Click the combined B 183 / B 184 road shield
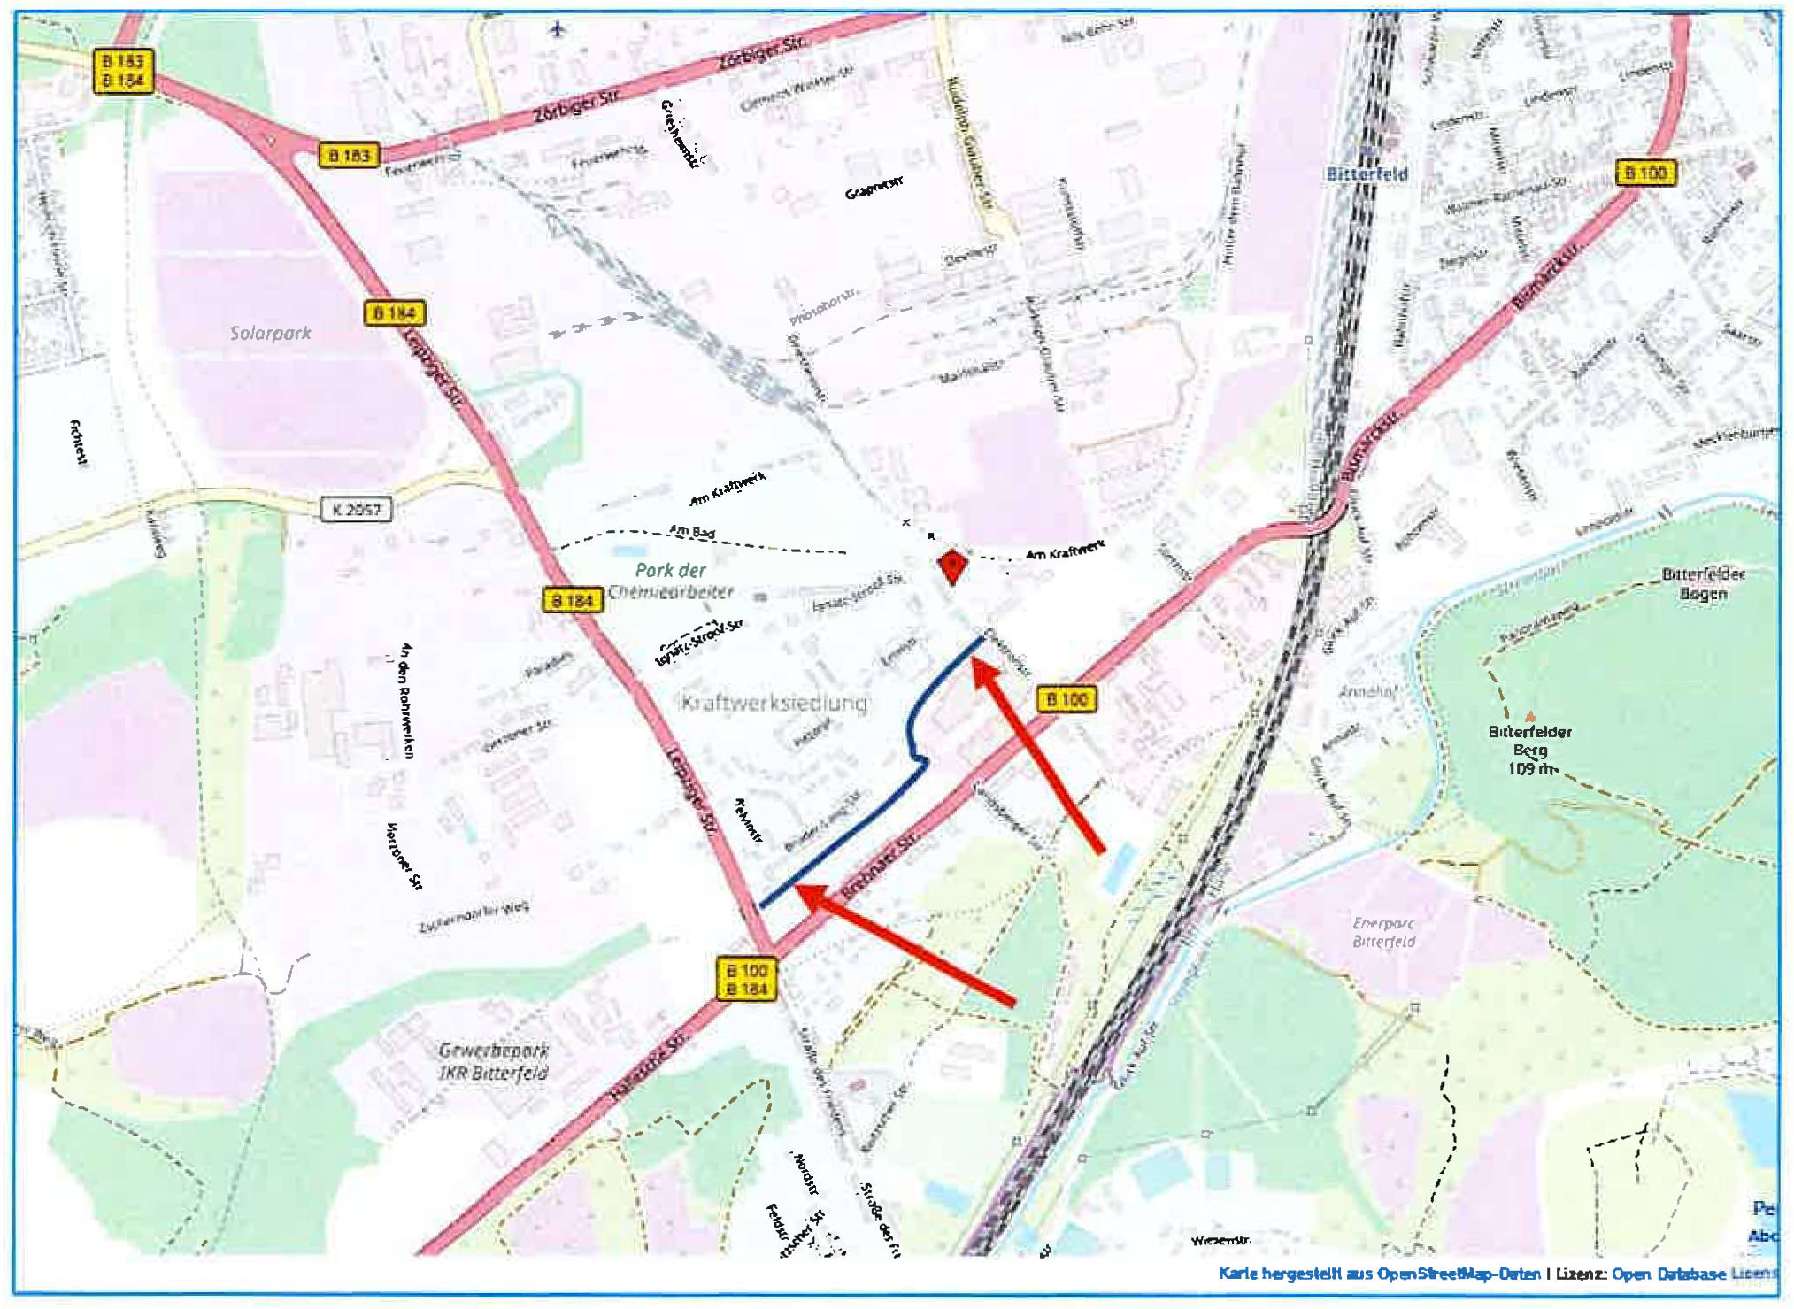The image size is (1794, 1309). (123, 71)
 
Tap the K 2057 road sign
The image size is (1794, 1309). (356, 510)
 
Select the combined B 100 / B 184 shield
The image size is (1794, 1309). (746, 980)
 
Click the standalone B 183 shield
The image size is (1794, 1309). (349, 156)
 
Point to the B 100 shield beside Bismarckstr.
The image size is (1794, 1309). (1645, 173)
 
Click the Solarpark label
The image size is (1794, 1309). (271, 334)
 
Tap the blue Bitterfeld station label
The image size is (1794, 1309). (1367, 174)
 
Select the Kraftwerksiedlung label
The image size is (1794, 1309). (774, 703)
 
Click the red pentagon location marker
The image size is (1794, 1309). (952, 566)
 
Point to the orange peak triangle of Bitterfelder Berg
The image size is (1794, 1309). (1530, 716)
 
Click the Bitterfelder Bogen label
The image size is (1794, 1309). (1703, 584)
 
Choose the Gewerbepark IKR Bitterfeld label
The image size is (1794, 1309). (494, 1061)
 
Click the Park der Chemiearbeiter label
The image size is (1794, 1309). (671, 581)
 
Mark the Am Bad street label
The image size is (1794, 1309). (692, 532)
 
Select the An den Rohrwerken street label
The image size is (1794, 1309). (407, 700)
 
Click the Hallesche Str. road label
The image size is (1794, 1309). (650, 1069)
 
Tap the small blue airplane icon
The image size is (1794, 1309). (557, 29)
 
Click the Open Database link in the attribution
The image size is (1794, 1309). (1668, 1274)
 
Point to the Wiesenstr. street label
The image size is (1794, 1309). (1220, 1241)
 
